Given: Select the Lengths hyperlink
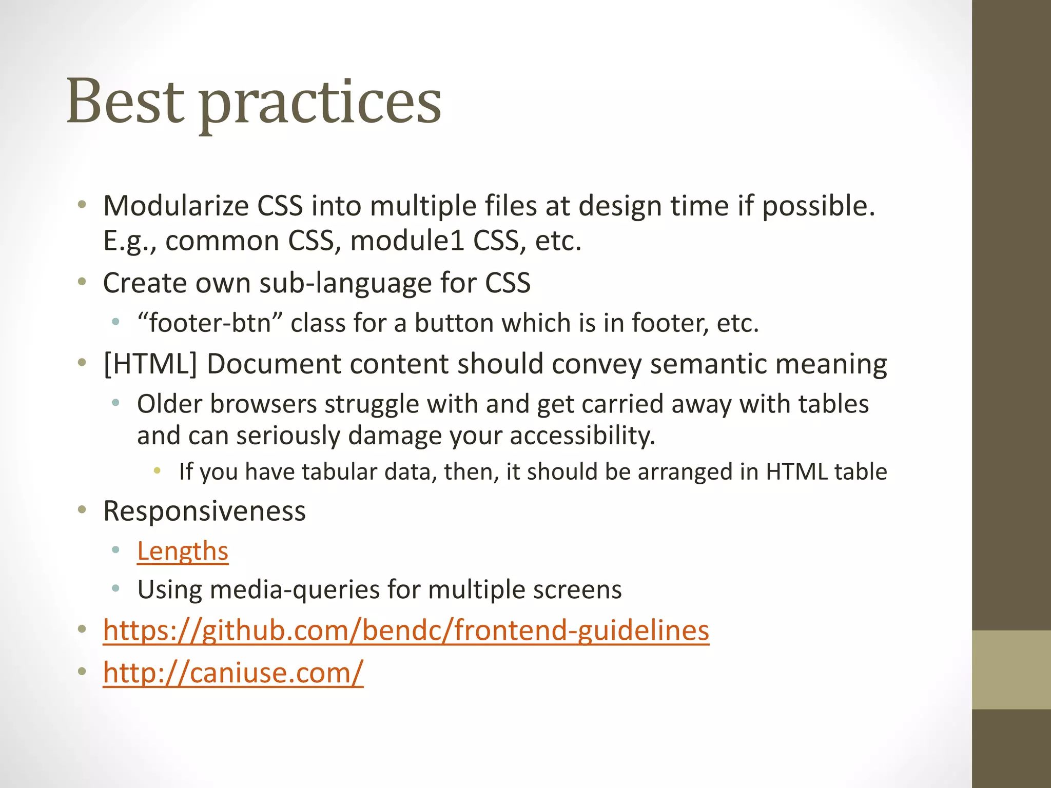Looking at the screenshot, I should point(182,551).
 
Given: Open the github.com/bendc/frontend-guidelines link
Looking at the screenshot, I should point(406,630).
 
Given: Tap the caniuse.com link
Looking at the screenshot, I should point(233,672).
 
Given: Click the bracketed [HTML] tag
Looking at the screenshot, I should point(150,364).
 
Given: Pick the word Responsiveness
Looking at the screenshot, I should point(204,511).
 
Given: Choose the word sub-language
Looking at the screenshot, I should point(345,283).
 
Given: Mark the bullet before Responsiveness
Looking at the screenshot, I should point(82,510).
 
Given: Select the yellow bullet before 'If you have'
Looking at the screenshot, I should point(157,470).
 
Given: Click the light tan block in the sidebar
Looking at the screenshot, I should point(1011,669).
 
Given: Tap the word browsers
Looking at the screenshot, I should point(263,404).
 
